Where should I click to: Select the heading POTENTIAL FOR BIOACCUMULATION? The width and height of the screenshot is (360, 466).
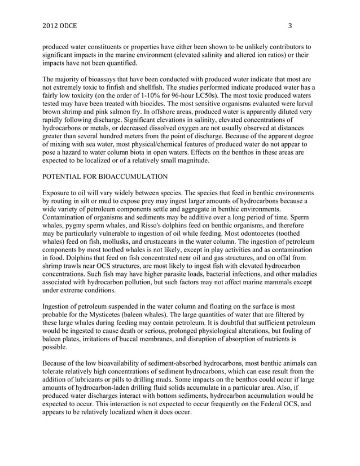[105, 177]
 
